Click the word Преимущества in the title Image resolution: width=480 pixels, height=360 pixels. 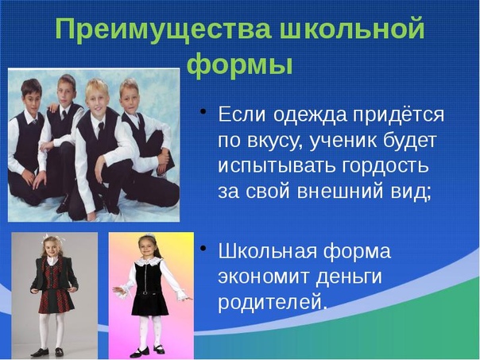tap(163, 30)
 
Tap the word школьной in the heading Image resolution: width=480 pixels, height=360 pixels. tap(352, 29)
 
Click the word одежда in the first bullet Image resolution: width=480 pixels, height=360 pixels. tap(311, 115)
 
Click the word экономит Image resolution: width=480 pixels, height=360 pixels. tap(264, 277)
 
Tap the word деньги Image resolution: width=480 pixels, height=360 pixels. tap(349, 277)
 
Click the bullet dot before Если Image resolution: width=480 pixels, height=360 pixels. tap(203, 111)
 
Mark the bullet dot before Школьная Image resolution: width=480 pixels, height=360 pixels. tap(203, 248)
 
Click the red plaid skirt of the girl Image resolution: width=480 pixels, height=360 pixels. tap(56, 300)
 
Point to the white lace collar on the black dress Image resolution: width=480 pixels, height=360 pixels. tap(149, 261)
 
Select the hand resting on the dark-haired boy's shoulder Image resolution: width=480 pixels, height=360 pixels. tap(52, 108)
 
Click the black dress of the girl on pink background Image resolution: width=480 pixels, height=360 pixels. tap(150, 289)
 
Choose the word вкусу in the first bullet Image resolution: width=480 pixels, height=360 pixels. tap(275, 142)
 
